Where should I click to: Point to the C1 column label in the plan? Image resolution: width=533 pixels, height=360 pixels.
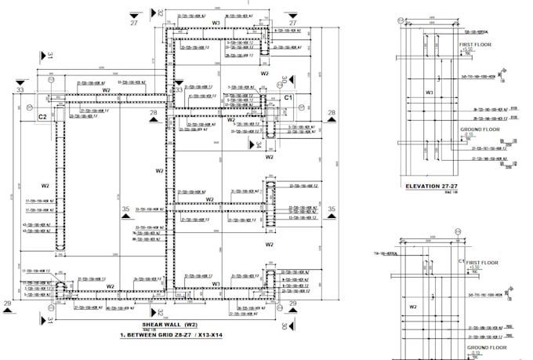tap(288, 97)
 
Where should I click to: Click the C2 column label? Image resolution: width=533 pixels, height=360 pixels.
tap(45, 116)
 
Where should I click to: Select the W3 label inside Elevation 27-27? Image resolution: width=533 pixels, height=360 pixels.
tap(430, 92)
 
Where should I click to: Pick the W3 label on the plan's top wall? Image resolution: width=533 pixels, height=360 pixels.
tap(216, 23)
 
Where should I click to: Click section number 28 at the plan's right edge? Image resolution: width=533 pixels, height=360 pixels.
tap(331, 114)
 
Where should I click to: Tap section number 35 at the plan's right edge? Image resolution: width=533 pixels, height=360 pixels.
tap(331, 209)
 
